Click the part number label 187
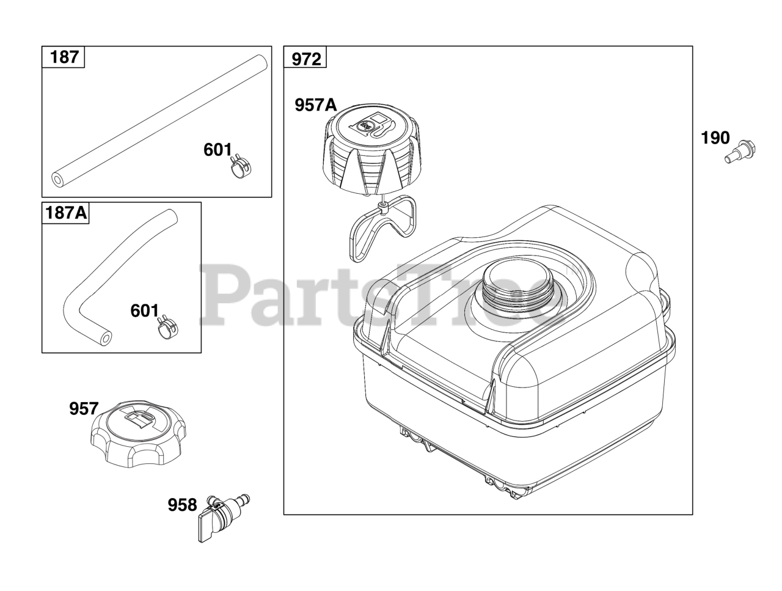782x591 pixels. (x=65, y=57)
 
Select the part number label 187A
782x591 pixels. (x=66, y=213)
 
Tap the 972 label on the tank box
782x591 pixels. (x=306, y=59)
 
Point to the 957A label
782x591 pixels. (x=316, y=105)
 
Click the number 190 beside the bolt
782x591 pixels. (x=715, y=138)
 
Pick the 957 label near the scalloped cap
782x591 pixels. (x=84, y=409)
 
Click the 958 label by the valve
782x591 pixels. (x=183, y=505)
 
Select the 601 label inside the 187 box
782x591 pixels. (x=217, y=150)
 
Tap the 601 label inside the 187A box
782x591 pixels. (x=145, y=310)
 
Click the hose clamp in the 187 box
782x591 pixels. (x=239, y=167)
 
